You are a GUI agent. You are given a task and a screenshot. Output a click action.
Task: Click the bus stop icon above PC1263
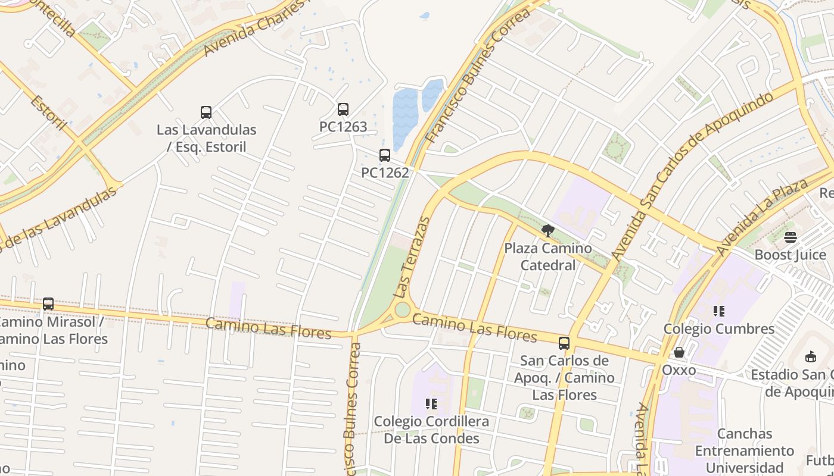343,109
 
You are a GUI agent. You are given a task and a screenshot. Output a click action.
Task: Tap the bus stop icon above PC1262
385,155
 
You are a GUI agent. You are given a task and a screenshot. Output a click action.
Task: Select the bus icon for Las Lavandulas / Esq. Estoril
206,112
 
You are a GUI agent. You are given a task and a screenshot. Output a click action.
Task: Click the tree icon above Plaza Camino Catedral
547,231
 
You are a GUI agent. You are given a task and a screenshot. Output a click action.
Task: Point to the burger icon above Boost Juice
791,238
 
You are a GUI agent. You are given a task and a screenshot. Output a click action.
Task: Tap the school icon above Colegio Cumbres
719,311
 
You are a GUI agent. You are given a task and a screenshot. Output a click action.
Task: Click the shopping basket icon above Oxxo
679,353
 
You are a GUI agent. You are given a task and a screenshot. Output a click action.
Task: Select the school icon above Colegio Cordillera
431,405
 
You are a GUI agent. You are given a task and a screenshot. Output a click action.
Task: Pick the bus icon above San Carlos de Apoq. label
564,343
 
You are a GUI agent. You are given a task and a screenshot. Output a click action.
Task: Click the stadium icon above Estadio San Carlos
810,357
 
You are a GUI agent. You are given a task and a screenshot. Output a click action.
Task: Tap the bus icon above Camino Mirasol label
48,304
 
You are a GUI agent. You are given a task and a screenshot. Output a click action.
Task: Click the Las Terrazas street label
412,258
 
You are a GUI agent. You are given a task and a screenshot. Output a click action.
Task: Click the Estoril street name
48,112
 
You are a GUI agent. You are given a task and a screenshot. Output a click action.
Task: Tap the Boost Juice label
790,255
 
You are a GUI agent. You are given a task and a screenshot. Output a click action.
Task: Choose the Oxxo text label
679,370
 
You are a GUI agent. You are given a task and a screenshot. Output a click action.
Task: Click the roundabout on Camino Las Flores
403,310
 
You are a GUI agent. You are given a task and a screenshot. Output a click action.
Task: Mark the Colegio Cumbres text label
719,328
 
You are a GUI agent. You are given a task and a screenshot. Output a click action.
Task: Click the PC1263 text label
343,127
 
